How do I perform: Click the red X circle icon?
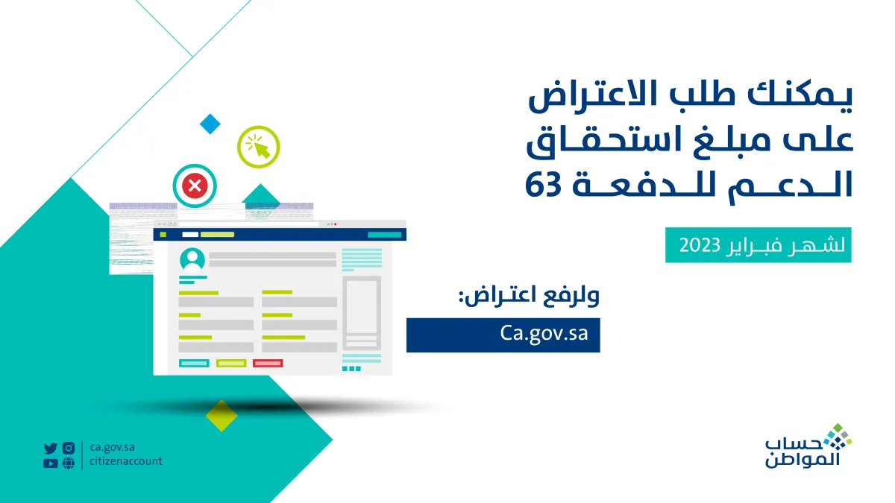pos(195,185)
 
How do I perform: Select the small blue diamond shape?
pos(210,124)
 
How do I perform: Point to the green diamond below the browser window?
pos(221,415)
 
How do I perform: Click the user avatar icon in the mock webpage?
pos(192,260)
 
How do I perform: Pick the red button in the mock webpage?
pos(268,363)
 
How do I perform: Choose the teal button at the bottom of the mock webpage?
pos(194,363)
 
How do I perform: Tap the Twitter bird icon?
pos(50,448)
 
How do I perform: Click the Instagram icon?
pos(69,448)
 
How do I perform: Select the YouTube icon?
pos(50,463)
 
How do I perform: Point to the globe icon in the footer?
pos(69,463)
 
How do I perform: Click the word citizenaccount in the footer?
pos(125,462)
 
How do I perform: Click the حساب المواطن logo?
pos(808,447)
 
